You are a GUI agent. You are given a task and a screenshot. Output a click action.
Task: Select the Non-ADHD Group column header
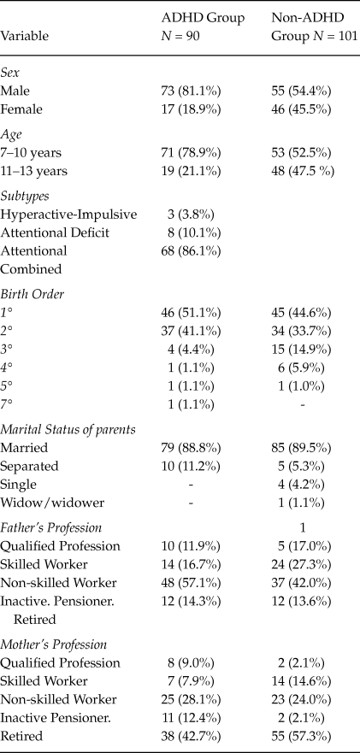pyautogui.click(x=314, y=26)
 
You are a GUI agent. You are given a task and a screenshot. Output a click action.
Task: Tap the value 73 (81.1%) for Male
pyautogui.click(x=198, y=90)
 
